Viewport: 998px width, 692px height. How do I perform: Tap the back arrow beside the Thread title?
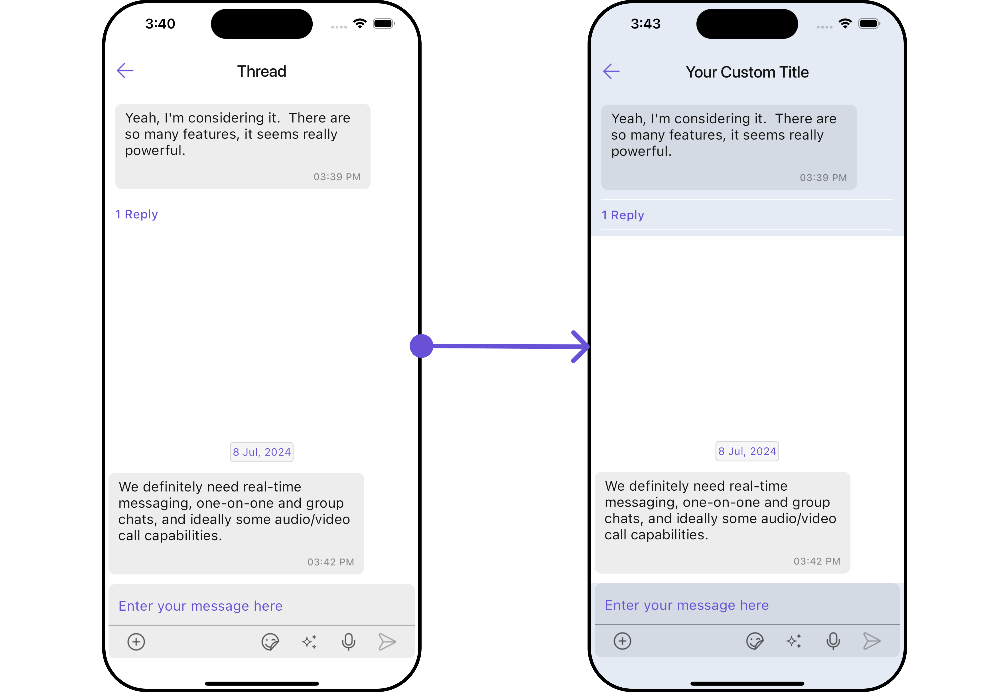tap(125, 71)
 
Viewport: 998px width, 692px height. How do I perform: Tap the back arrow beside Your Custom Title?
tap(611, 71)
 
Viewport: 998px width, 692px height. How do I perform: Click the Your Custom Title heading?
tap(747, 72)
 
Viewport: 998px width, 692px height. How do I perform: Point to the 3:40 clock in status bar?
tap(160, 24)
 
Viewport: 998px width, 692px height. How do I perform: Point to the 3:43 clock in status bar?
tap(645, 24)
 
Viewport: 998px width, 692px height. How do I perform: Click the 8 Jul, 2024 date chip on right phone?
tap(747, 451)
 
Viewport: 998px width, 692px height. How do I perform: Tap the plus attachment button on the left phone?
tap(136, 642)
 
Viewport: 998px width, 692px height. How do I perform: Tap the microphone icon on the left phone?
tap(348, 642)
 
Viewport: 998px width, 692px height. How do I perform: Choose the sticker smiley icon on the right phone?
tap(755, 641)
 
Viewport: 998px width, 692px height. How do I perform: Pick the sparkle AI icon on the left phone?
tap(309, 642)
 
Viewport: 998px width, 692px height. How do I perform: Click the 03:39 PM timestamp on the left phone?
tap(337, 177)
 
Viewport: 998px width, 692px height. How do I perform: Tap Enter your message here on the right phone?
tap(686, 605)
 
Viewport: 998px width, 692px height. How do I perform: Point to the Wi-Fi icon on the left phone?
tap(360, 24)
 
